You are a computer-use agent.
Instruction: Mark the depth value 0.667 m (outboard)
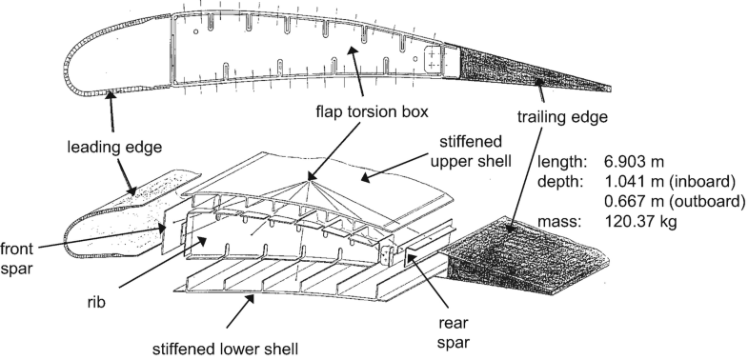pos(677,202)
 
